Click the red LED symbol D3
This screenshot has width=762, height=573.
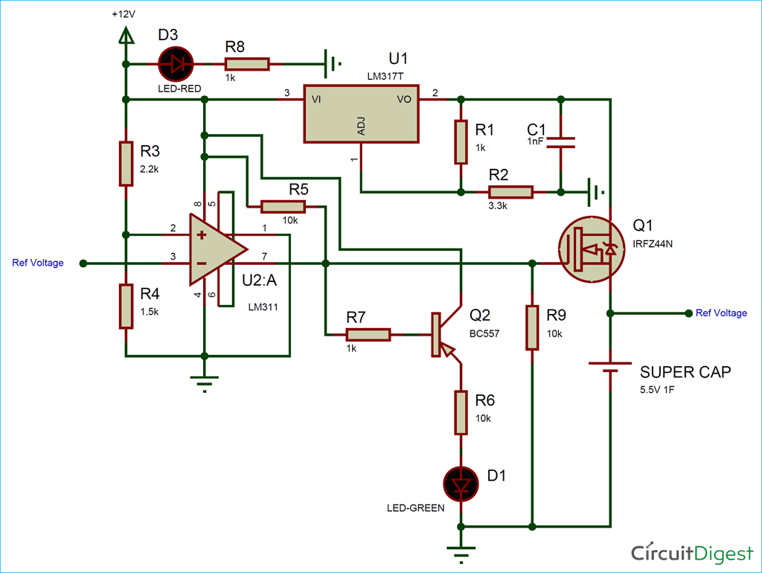tap(176, 65)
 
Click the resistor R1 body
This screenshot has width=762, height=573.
tap(461, 142)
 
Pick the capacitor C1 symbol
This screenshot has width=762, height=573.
tap(560, 143)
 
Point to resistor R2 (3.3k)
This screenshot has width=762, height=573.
tap(511, 192)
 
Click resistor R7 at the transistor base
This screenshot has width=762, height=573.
tap(368, 335)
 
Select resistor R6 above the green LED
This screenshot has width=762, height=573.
tap(461, 413)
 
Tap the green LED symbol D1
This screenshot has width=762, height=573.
tap(461, 484)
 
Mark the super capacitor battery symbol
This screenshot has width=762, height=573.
tap(610, 367)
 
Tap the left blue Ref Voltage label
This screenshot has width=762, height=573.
tap(38, 263)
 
